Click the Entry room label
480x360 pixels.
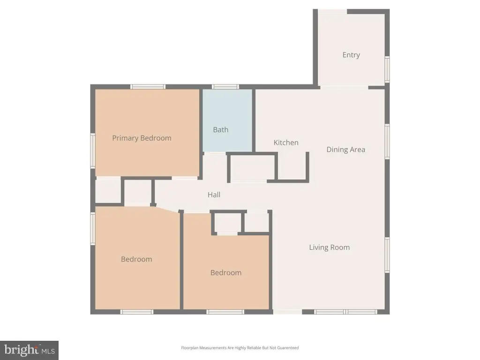(x=351, y=55)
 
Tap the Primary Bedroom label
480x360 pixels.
(x=142, y=138)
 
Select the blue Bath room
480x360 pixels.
(x=227, y=120)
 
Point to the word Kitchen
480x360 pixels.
(x=286, y=142)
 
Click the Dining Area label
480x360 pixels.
(x=345, y=150)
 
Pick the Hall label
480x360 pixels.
(x=214, y=195)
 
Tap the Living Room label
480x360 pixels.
(x=330, y=247)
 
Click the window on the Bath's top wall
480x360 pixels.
(x=225, y=87)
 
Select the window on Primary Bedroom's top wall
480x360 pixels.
(x=148, y=87)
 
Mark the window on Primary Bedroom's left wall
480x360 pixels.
(x=93, y=150)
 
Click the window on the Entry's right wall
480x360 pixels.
(x=387, y=69)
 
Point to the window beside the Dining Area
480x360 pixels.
(x=387, y=141)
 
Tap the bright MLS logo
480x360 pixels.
(x=29, y=350)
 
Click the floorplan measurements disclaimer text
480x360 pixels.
(x=240, y=348)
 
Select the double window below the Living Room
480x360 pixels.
(x=346, y=312)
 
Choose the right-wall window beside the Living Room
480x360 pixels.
(x=387, y=255)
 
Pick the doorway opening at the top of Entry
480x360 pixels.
(x=332, y=11)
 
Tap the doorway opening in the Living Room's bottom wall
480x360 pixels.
(x=288, y=312)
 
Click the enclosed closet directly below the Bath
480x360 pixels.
(x=253, y=167)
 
